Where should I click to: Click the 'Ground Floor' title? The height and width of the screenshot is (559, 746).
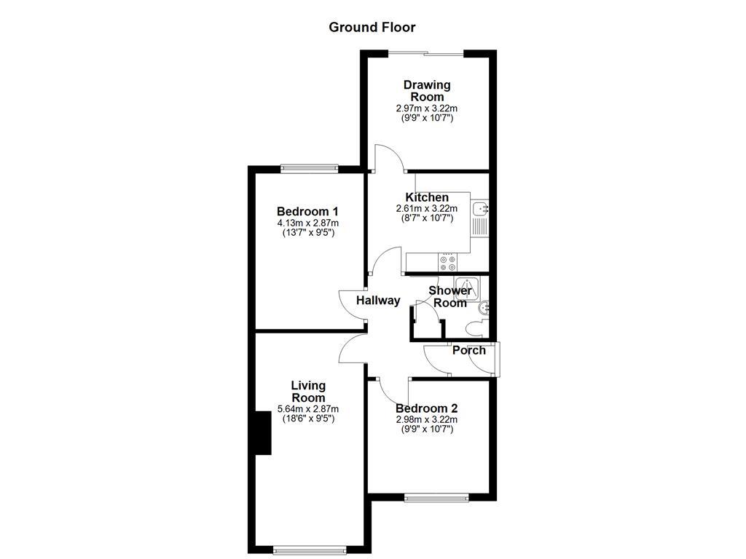pyautogui.click(x=372, y=28)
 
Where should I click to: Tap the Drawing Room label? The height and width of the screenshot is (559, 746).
pyautogui.click(x=427, y=91)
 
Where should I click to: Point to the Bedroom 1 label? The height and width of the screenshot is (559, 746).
pyautogui.click(x=308, y=212)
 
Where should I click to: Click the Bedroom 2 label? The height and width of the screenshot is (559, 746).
pyautogui.click(x=427, y=408)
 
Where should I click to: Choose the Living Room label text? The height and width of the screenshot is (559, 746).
pyautogui.click(x=308, y=392)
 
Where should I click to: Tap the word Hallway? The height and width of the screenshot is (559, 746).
pyautogui.click(x=378, y=301)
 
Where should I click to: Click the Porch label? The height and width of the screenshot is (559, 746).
pyautogui.click(x=468, y=350)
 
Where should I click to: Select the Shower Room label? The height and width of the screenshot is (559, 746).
pyautogui.click(x=449, y=297)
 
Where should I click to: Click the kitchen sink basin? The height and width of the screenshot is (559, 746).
pyautogui.click(x=481, y=210)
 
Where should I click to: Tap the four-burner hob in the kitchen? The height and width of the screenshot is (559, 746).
pyautogui.click(x=447, y=263)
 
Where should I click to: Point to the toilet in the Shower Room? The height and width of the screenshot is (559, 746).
pyautogui.click(x=482, y=309)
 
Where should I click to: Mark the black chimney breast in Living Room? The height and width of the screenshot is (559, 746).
pyautogui.click(x=262, y=432)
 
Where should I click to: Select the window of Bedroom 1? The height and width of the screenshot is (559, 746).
pyautogui.click(x=310, y=168)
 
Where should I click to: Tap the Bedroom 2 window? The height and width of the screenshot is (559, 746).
pyautogui.click(x=436, y=498)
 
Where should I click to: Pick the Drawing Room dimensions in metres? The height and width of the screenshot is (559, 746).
pyautogui.click(x=427, y=108)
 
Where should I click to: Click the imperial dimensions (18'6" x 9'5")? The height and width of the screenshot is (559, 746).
pyautogui.click(x=308, y=419)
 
